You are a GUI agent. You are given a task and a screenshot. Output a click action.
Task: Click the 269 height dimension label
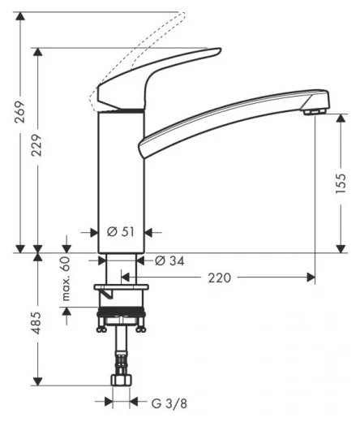[x=19, y=112]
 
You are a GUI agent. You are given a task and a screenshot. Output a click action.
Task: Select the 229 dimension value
[x=36, y=145]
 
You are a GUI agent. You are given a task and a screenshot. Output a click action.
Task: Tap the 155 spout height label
[x=341, y=183]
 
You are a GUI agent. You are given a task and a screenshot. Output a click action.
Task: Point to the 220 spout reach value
[x=219, y=278]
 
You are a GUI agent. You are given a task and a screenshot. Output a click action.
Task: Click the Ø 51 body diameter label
[x=121, y=232]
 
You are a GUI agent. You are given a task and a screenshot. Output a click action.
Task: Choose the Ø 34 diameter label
[x=169, y=261]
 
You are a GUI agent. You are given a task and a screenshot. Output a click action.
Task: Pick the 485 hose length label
[x=36, y=323]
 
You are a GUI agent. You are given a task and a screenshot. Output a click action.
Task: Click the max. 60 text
[x=66, y=279]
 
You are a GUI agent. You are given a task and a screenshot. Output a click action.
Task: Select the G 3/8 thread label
[x=169, y=404]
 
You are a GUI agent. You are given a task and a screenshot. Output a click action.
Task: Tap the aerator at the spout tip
[x=315, y=111]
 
